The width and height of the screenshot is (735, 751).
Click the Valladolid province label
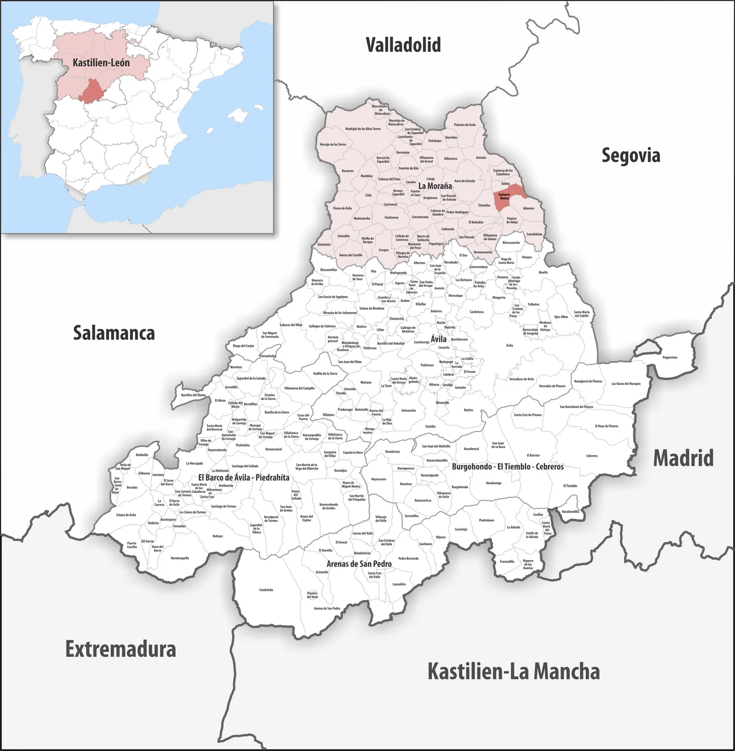[403, 45]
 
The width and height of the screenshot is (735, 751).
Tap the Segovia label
[630, 155]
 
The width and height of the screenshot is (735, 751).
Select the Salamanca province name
[114, 333]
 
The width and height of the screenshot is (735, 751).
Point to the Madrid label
[683, 458]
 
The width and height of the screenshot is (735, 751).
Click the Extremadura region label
[121, 649]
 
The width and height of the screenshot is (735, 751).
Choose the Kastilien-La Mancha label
[513, 671]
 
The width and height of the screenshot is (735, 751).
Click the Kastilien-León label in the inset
[101, 62]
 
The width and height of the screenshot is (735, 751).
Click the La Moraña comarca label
[435, 186]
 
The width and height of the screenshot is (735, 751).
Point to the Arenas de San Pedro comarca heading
[359, 564]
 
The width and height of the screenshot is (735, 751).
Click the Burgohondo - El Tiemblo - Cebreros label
[508, 466]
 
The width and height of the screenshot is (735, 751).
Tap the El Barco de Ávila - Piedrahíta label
[243, 477]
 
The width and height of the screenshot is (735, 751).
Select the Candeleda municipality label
[266, 590]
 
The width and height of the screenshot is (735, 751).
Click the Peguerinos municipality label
[670, 357]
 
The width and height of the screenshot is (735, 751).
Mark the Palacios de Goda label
[465, 124]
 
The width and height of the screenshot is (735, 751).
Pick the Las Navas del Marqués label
[625, 384]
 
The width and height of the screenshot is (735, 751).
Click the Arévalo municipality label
[481, 157]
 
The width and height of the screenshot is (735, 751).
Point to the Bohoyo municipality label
[218, 536]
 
